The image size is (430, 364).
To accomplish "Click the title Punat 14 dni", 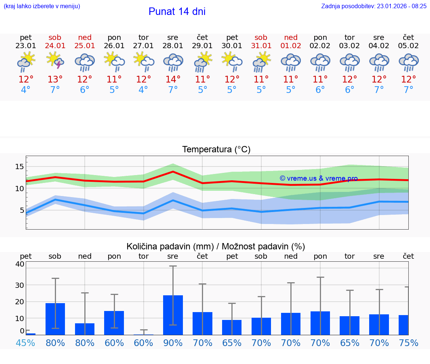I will click(177, 12).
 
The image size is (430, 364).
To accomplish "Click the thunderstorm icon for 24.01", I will click(55, 60).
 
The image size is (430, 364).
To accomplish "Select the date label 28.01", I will click(173, 46).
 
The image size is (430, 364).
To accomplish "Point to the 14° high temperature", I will click(173, 80).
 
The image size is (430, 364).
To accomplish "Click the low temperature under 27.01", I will click(143, 90).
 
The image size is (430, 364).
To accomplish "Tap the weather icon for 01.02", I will click(291, 62).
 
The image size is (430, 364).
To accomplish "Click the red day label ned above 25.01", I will click(85, 37).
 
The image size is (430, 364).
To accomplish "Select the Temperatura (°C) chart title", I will click(216, 150).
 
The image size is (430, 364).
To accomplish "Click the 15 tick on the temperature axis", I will click(19, 167).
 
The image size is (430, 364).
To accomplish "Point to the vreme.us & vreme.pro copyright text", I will click(319, 178).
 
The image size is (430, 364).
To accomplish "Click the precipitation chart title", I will click(216, 246).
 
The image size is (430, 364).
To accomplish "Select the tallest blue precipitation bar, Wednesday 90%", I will click(173, 315).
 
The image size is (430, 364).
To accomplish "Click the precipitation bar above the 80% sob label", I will click(55, 319).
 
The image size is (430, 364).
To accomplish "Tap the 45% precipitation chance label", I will click(26, 343).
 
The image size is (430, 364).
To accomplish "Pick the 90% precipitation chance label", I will click(173, 343).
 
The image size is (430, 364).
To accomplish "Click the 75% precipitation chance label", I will click(408, 343).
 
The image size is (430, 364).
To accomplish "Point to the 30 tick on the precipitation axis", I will click(19, 285).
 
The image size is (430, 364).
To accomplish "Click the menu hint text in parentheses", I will click(42, 6).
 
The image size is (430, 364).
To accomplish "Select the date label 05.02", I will click(408, 46).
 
